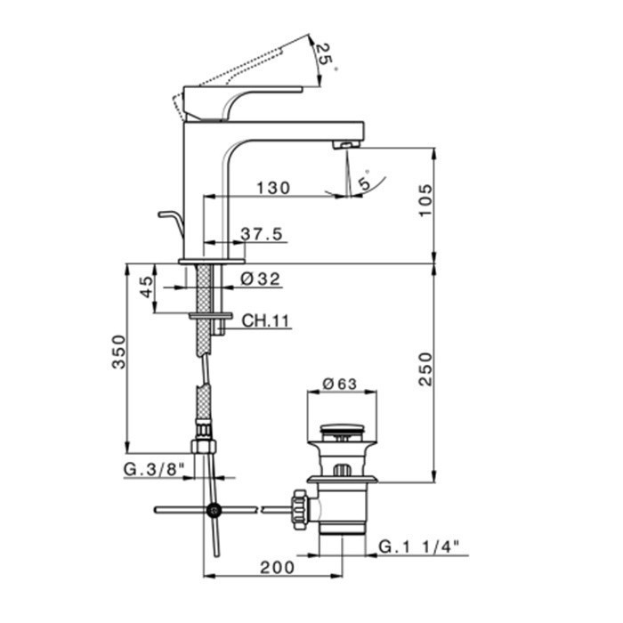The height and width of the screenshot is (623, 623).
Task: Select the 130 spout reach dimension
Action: [273, 188]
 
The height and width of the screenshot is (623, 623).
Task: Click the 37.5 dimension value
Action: [262, 234]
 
